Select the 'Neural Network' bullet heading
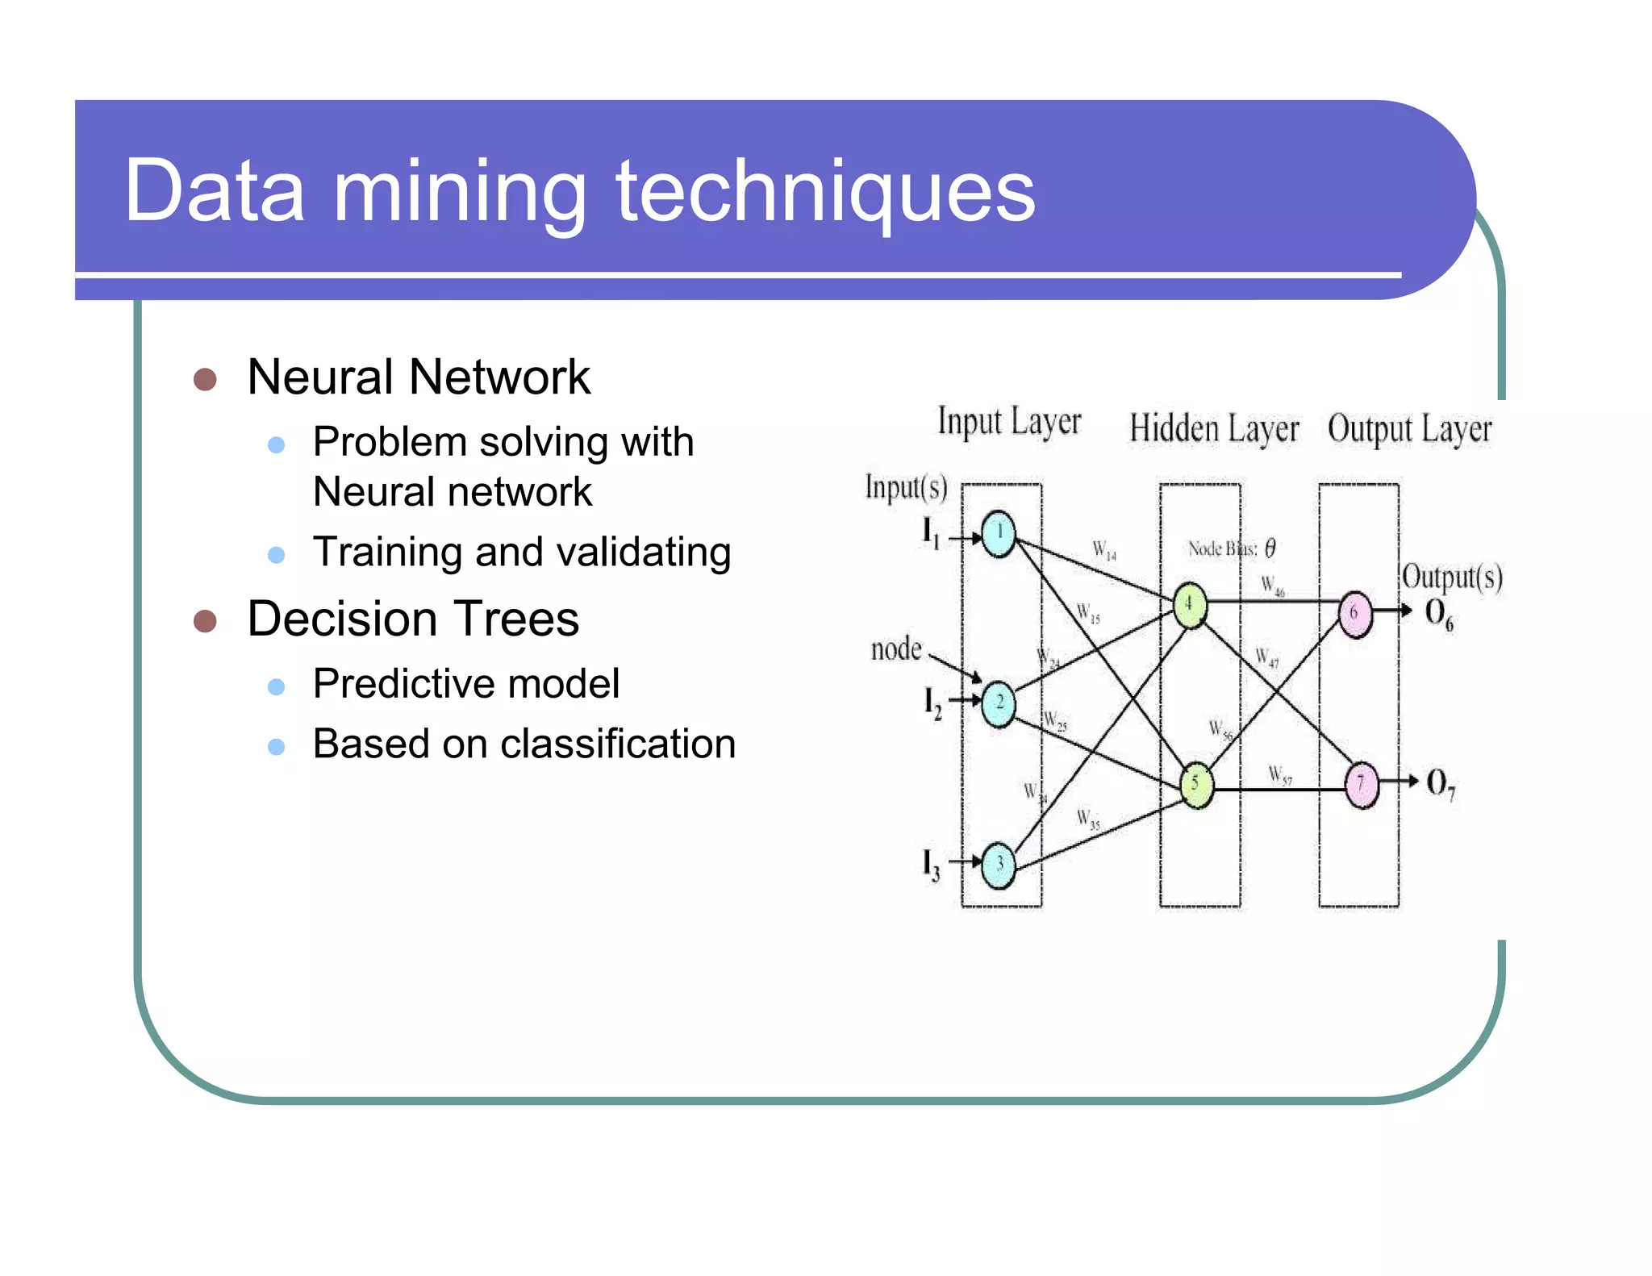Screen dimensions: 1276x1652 point(419,377)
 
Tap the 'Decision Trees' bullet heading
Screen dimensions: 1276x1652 point(412,619)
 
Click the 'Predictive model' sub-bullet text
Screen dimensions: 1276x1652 point(465,684)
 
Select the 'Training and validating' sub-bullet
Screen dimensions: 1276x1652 point(521,553)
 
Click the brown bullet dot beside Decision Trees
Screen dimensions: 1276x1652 point(205,621)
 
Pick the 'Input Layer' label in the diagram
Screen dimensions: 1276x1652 point(1008,423)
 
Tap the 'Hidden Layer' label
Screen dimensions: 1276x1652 point(1213,429)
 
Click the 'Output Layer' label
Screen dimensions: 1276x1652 point(1409,429)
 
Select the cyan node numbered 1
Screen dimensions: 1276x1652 point(999,534)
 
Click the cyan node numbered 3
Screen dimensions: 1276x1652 point(999,865)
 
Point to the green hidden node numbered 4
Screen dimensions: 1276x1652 point(1189,605)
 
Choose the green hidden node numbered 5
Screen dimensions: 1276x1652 point(1196,785)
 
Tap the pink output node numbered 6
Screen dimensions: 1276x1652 point(1355,614)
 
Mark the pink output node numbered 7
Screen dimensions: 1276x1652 point(1362,785)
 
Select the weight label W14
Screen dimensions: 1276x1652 point(1104,551)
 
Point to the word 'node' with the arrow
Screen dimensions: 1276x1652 point(895,649)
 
